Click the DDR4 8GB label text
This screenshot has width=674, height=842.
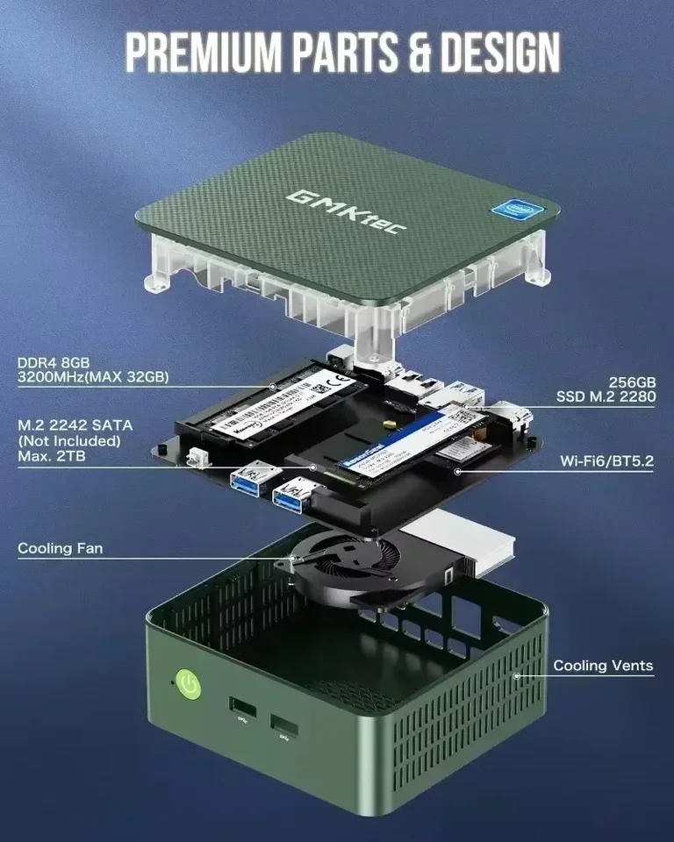tap(54, 362)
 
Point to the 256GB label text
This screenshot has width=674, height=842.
tap(632, 382)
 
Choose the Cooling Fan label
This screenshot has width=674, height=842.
tap(60, 548)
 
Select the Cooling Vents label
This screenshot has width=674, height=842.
tap(603, 666)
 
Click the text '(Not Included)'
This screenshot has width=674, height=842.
tap(68, 440)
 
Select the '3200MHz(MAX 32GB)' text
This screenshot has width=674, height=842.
tap(92, 378)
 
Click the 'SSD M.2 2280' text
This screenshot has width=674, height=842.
tap(606, 397)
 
